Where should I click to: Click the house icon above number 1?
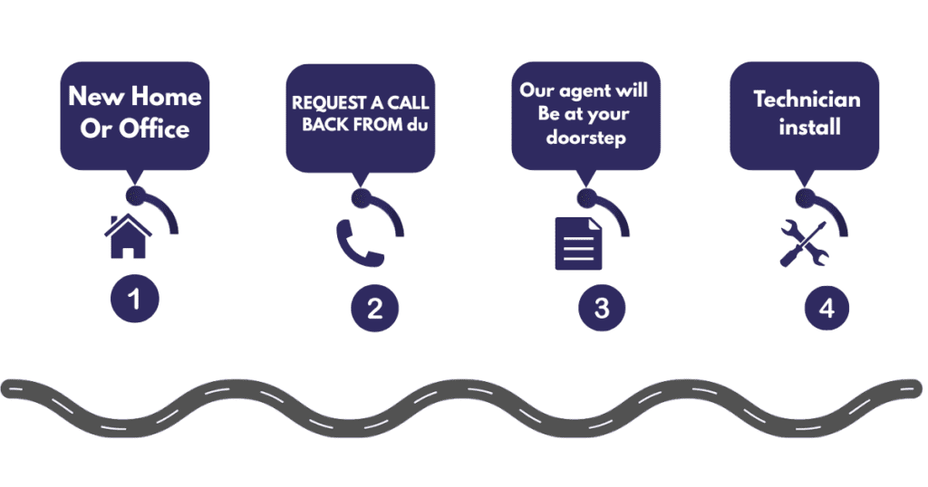point(128,236)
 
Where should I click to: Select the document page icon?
point(578,243)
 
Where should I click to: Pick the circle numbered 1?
point(135,299)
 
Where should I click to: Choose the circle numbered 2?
point(374,308)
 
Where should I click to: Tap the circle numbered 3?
point(602,308)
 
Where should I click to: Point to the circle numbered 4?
point(826,308)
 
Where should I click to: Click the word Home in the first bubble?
point(166,96)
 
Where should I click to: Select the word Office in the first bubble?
point(154,129)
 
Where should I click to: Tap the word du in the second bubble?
point(417,124)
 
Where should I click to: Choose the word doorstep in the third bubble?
point(586,138)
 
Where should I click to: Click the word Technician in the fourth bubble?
point(807,100)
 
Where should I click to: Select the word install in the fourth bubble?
point(809,127)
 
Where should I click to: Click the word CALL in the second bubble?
point(409,102)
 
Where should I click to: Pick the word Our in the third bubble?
point(537,91)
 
